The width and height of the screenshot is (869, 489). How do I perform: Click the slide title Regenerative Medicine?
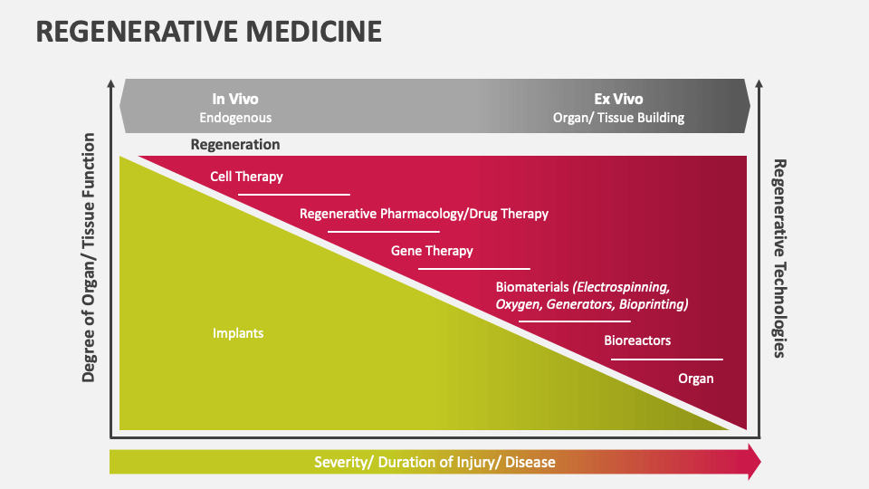coord(208,31)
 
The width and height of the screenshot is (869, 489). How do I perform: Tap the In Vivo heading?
coord(235,100)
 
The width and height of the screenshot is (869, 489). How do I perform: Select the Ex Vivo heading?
coord(618,100)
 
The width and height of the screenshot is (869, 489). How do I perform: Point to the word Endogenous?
coord(235,118)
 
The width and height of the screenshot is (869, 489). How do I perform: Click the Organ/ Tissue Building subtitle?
coord(618,118)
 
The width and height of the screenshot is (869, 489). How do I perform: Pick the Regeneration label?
coord(235,144)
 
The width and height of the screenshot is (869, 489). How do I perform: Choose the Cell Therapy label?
coord(246,177)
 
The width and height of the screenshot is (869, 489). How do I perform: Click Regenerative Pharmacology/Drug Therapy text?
coord(424,215)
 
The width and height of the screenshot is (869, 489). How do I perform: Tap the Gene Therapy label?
coord(432,251)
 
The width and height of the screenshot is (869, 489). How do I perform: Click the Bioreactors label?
coord(637,340)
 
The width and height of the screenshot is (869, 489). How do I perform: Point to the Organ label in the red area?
coord(696,379)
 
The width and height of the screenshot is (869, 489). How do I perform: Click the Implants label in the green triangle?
coord(238,333)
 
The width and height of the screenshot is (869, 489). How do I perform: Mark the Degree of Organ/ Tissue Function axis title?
coord(89,257)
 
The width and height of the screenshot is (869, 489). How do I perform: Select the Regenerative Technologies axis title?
coord(778,259)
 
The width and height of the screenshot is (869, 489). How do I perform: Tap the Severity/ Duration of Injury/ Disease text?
coord(434,462)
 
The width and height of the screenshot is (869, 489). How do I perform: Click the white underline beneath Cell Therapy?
coord(293,194)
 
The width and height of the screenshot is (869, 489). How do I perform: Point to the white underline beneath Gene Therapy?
coord(473,268)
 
